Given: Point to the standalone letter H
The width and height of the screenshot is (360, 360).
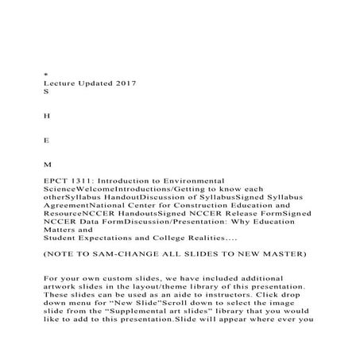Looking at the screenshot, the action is coord(48,115).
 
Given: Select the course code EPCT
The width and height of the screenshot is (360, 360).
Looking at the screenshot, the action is coord(57,181).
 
